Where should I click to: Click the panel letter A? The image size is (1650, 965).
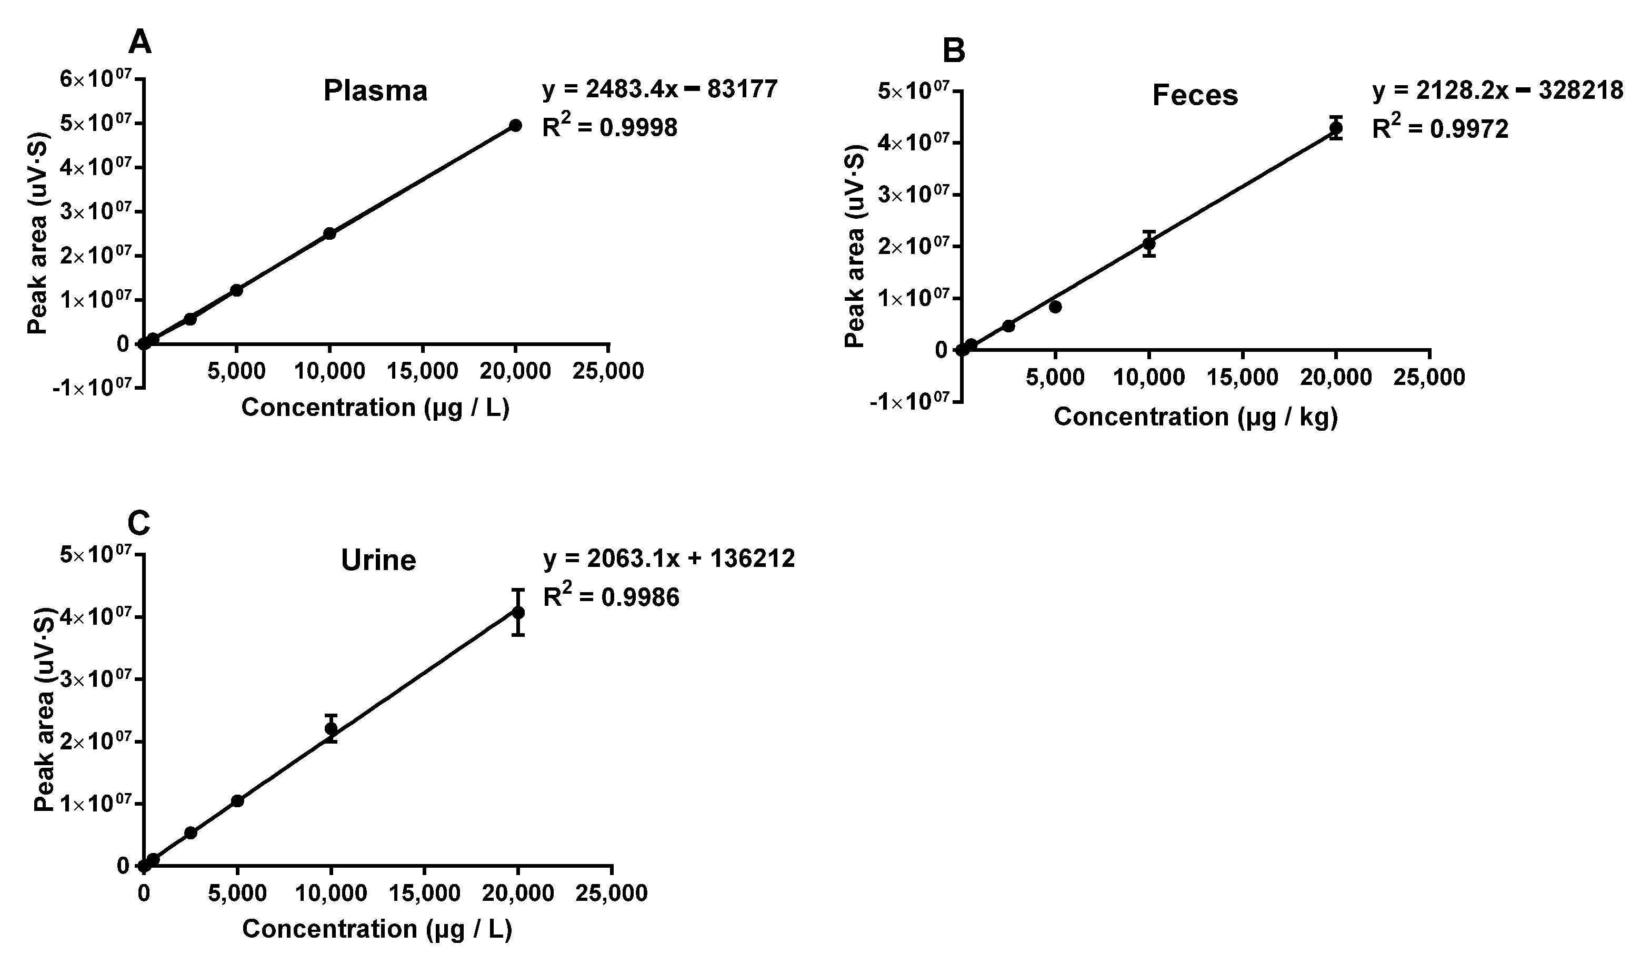[x=139, y=43]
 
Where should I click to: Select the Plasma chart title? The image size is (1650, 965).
[x=375, y=91]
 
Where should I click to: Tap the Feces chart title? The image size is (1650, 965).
[x=1195, y=96]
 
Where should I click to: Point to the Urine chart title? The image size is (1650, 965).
[x=378, y=561]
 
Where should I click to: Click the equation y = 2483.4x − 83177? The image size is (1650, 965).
[x=659, y=89]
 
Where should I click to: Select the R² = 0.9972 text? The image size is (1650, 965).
[x=1440, y=129]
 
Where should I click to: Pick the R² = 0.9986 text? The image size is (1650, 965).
[x=611, y=597]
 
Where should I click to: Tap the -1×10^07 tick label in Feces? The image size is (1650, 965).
[x=910, y=402]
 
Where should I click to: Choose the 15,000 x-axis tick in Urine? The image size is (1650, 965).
[x=424, y=893]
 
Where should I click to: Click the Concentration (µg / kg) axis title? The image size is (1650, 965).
[x=1195, y=417]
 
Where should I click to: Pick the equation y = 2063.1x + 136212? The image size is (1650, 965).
[x=668, y=558]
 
